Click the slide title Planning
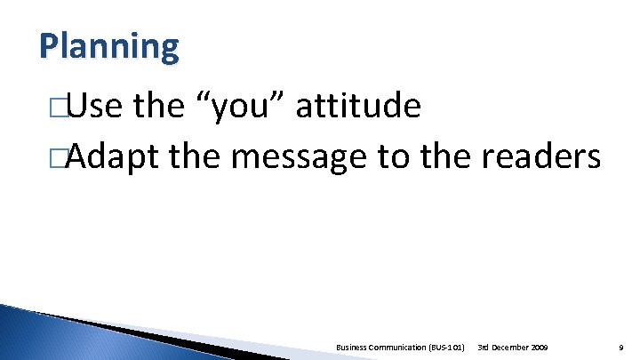pos(108,45)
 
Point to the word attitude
pos(358,108)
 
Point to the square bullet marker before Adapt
pos(60,158)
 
